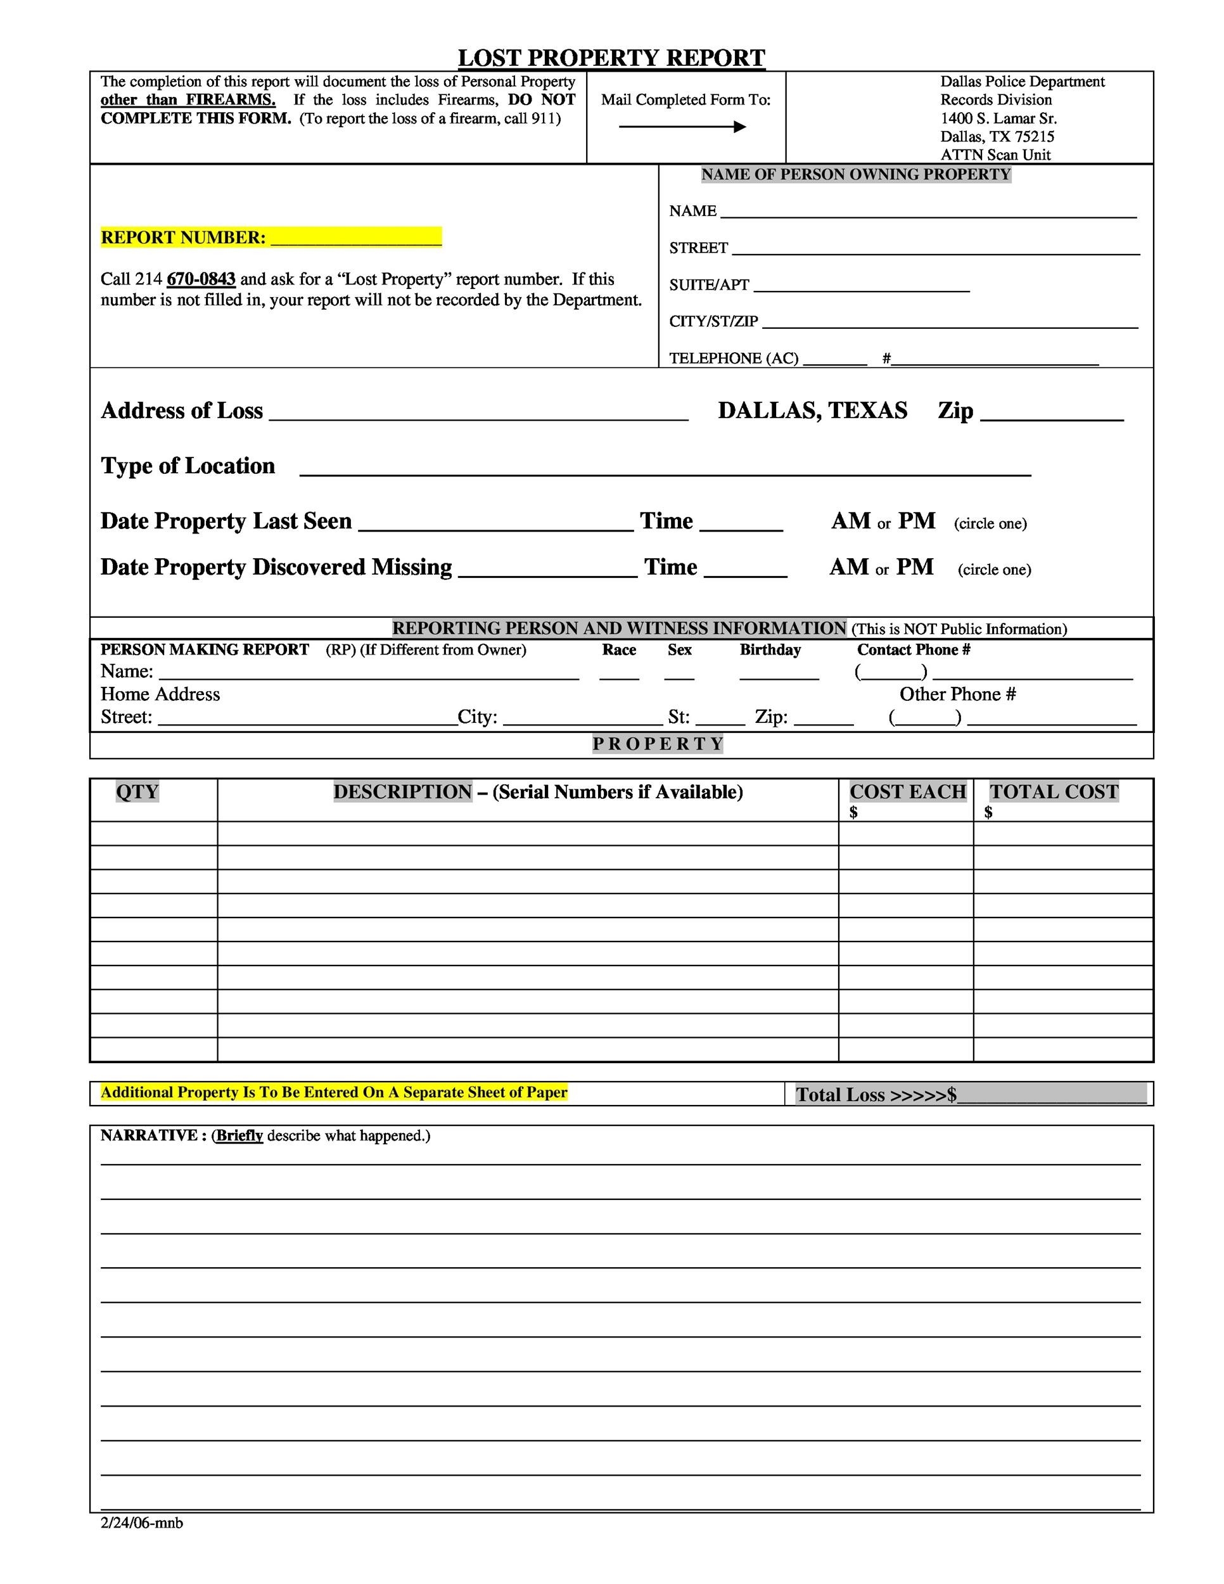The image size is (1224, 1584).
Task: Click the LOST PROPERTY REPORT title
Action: coord(611,58)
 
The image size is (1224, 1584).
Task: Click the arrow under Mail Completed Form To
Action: coord(682,127)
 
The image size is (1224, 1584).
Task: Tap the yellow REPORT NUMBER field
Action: coord(355,237)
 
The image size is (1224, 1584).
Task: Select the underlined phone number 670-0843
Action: coord(201,279)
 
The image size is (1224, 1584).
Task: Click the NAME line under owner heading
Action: coord(928,212)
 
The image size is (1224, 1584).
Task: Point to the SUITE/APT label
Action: coord(708,285)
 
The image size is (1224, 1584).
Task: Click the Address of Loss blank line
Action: coord(478,412)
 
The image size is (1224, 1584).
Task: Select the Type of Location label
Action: coord(188,466)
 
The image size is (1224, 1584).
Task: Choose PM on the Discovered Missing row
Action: coord(915,566)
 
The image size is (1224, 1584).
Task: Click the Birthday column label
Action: coord(770,650)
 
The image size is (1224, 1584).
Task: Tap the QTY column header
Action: coord(137,791)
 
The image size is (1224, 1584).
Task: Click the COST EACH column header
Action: coord(908,791)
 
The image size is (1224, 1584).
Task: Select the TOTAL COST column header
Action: coord(1054,791)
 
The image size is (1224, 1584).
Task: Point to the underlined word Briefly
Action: coord(239,1136)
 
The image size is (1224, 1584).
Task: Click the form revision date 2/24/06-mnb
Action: coord(142,1523)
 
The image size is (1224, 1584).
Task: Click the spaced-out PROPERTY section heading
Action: coord(658,743)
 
